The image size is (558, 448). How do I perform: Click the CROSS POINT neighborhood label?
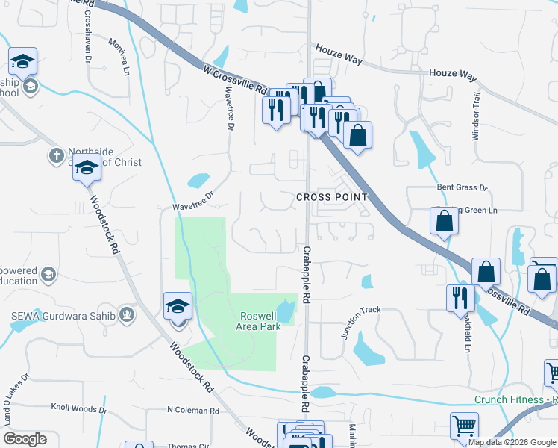pos(332,197)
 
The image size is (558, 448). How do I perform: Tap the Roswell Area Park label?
pos(260,321)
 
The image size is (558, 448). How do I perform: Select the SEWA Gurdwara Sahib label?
pos(63,316)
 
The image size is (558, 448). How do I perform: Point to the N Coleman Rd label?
pos(192,411)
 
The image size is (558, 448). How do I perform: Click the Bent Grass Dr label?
pos(462,188)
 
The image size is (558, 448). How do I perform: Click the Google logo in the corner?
pos(25,439)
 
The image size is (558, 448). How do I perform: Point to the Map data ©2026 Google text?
pos(512,442)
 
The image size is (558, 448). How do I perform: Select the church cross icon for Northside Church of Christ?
pos(56,155)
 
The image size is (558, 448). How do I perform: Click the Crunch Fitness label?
pos(515,399)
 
